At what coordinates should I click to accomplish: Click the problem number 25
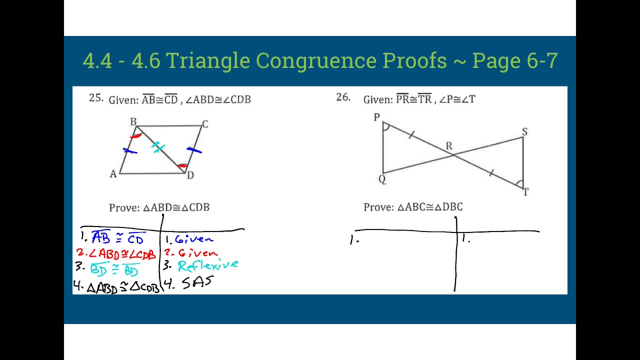coord(96,98)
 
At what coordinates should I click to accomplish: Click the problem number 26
coord(343,97)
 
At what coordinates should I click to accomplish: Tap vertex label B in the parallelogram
coord(133,121)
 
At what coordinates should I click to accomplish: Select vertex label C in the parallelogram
coord(204,124)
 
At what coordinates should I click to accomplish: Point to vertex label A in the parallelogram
coord(113,174)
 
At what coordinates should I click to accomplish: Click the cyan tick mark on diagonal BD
coord(158,147)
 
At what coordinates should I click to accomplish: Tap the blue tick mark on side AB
coord(129,150)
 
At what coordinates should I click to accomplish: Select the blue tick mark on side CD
coord(194,149)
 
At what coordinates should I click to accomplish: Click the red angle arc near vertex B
coord(135,135)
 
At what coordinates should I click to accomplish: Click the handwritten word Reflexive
coord(207,265)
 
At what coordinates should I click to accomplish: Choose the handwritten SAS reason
coord(197,283)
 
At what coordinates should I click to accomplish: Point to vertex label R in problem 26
coord(448,146)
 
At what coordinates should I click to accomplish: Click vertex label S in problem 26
coord(524,131)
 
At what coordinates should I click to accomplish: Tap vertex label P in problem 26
coord(376,117)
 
